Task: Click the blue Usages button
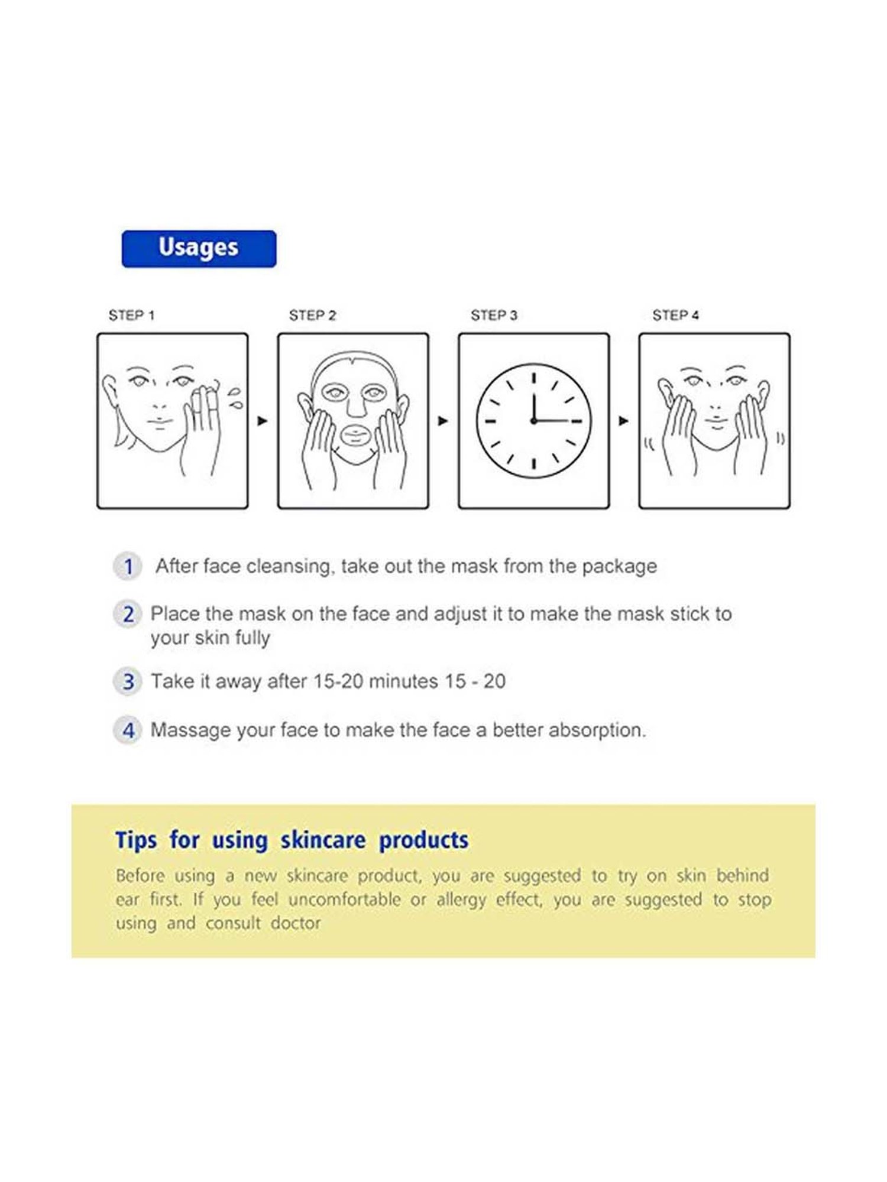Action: coord(199,248)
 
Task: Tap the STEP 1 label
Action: coord(131,316)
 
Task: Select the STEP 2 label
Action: coord(312,316)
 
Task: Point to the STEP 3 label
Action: coord(494,316)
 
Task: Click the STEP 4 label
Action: coord(675,316)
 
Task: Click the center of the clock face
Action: coord(534,421)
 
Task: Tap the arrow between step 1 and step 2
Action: coord(263,421)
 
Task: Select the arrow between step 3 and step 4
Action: coord(623,421)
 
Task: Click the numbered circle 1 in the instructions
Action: coord(128,567)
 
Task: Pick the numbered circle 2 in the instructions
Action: coord(128,615)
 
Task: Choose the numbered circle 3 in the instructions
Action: coord(128,682)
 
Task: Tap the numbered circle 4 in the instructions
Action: coord(128,730)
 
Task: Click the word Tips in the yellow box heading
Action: coord(137,840)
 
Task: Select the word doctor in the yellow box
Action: coord(296,923)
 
